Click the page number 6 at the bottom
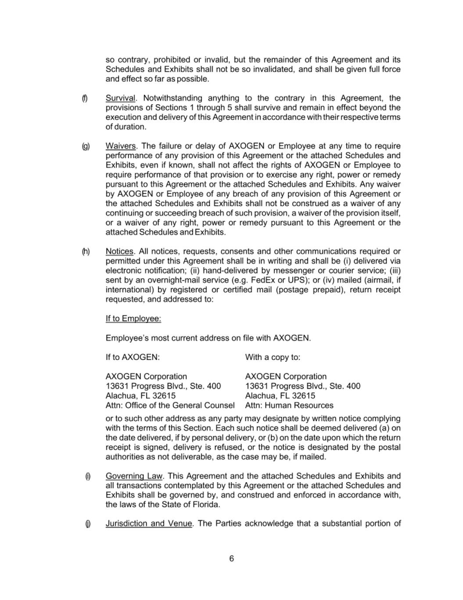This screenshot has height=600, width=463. click(x=231, y=559)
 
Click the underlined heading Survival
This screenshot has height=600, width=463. click(x=120, y=98)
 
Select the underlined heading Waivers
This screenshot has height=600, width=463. click(x=121, y=146)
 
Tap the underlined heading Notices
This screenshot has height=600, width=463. click(x=119, y=251)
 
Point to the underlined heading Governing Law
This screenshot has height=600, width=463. click(x=134, y=476)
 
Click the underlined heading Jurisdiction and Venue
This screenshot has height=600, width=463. click(x=149, y=524)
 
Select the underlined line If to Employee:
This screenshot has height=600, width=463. click(x=133, y=319)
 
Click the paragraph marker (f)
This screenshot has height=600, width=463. click(x=85, y=98)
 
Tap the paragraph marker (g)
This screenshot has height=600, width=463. click(x=86, y=146)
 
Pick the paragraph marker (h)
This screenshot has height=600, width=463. click(x=86, y=251)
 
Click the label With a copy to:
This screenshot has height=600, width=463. click(x=273, y=357)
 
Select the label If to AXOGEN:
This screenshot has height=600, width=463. click(x=133, y=357)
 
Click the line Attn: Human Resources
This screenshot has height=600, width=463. click(x=289, y=405)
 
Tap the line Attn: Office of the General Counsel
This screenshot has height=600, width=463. click(x=170, y=405)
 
